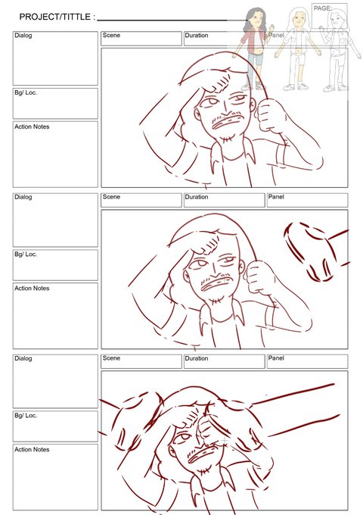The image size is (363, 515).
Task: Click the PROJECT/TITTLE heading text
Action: [x=57, y=17]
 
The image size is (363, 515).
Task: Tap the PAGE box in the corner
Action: [x=329, y=16]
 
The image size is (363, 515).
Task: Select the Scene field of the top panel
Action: [x=141, y=39]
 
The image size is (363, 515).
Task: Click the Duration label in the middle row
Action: [x=197, y=197]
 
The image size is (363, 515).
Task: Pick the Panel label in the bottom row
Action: [x=276, y=358]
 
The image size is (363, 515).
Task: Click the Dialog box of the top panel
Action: [x=55, y=58]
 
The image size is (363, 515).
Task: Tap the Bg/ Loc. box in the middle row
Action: [x=55, y=265]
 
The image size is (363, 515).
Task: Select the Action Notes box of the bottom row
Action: [x=55, y=477]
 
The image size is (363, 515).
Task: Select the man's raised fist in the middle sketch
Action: [x=259, y=277]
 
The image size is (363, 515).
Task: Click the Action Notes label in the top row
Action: [x=32, y=126]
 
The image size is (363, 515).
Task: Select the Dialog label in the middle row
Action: [x=23, y=197]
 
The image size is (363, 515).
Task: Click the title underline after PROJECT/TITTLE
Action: [x=172, y=20]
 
